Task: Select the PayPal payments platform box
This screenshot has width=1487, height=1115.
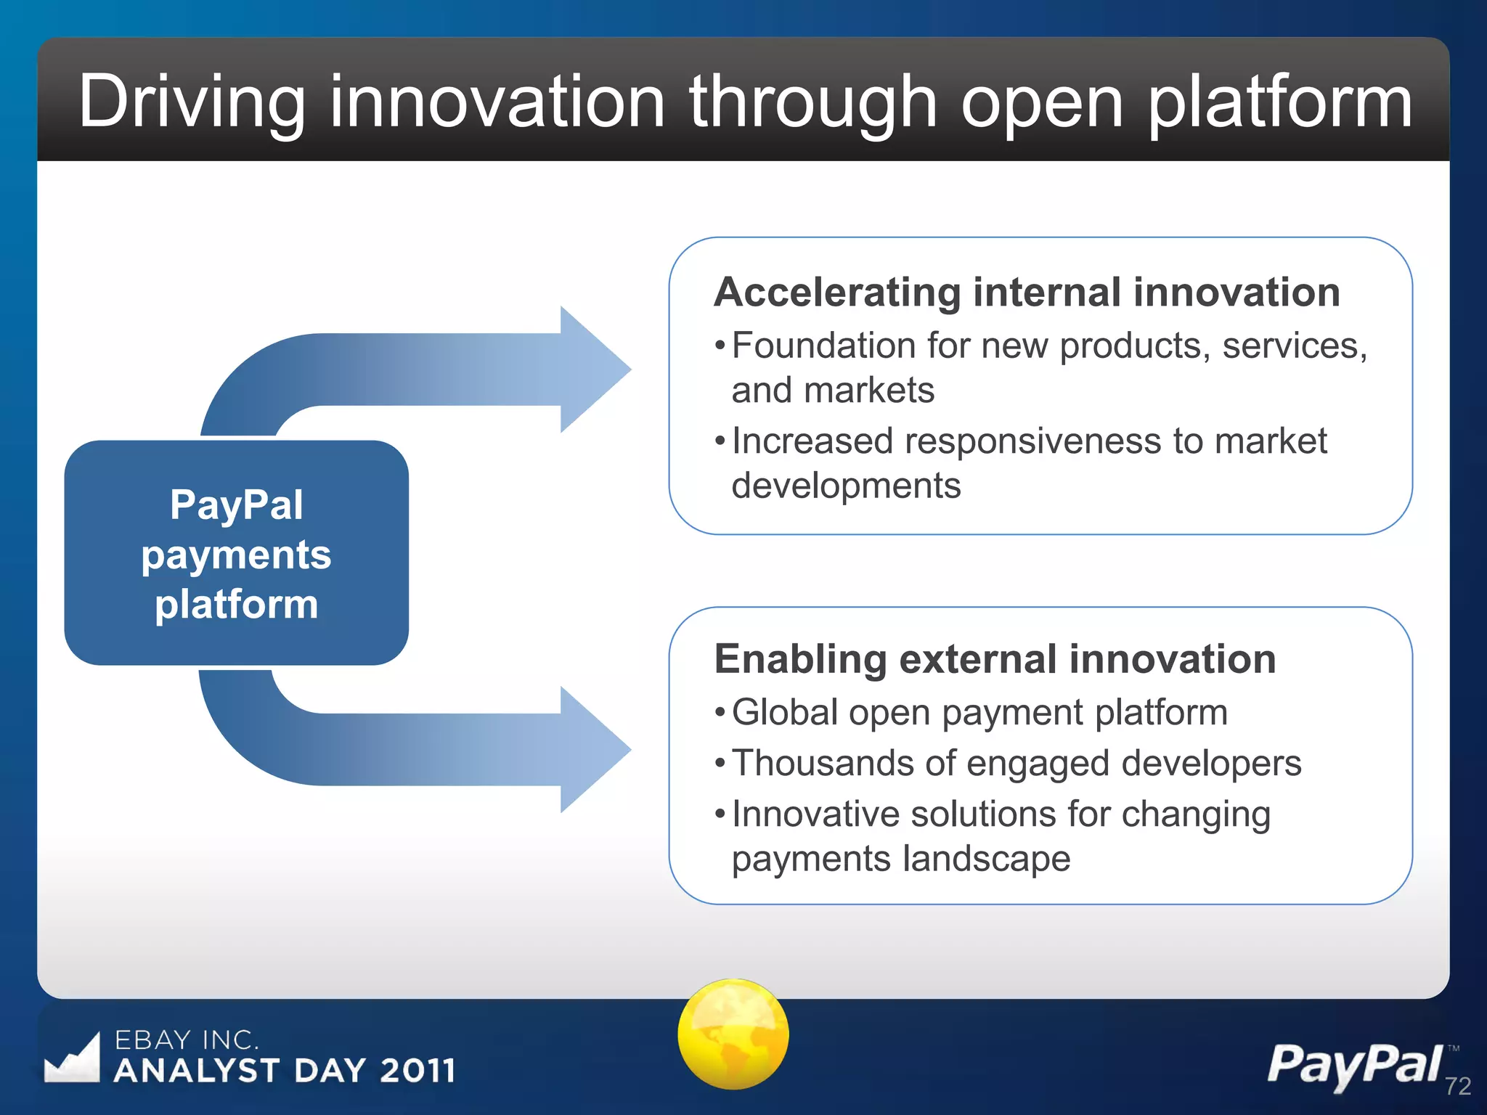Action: [236, 553]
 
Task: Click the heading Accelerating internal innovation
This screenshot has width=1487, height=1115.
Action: [1027, 292]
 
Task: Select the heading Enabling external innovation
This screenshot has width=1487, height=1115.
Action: [995, 659]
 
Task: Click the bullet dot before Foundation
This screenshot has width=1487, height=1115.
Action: [720, 346]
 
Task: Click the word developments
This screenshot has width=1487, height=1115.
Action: [846, 486]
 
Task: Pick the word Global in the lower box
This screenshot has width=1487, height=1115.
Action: [784, 712]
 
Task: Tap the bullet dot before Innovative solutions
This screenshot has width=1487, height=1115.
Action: [720, 814]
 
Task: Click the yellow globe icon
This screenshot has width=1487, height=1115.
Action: [733, 1034]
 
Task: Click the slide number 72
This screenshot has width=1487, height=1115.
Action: [1457, 1086]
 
